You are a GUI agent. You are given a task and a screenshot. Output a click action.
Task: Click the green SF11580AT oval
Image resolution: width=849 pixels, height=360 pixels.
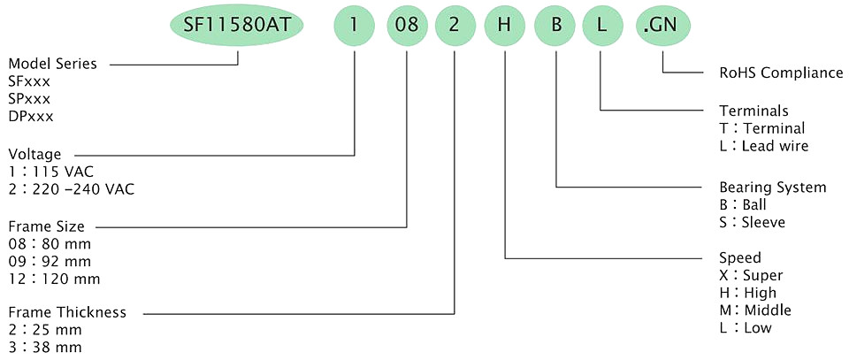(237, 26)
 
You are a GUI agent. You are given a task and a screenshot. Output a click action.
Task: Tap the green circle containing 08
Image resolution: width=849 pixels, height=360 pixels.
(407, 26)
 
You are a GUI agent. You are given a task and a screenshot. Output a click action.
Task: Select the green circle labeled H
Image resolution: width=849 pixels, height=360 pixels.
(505, 26)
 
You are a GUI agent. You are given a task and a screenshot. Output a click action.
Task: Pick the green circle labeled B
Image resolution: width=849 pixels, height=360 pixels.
(555, 26)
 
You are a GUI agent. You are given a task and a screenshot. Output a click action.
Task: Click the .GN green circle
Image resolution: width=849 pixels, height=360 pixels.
(663, 26)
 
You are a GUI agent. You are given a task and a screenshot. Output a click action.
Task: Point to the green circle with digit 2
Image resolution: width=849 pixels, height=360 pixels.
(455, 26)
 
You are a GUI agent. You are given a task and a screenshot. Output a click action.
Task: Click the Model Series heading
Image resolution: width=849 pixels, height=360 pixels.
(52, 64)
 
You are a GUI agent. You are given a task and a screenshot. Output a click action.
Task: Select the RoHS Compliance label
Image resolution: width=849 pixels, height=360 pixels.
(781, 73)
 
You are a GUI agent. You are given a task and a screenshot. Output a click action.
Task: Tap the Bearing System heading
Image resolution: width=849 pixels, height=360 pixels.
(773, 188)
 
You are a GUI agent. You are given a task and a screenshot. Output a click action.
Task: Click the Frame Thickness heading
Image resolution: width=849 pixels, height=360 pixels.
(67, 312)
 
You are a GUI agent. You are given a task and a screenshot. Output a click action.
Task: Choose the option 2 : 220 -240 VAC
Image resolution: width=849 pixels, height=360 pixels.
(72, 189)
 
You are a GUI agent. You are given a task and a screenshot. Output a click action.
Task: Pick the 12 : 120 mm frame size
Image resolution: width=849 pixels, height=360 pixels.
(54, 279)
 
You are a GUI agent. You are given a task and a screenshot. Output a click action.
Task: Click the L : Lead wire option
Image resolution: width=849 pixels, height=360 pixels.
(764, 146)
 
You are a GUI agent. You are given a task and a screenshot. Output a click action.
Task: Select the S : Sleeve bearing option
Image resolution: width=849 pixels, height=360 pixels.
(752, 222)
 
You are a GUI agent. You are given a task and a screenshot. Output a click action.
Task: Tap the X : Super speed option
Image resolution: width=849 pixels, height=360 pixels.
(751, 275)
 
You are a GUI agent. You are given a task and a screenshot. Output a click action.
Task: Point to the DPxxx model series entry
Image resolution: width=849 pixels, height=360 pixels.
(31, 117)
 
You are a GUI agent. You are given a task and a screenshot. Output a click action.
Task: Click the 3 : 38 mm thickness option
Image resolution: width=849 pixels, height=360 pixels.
(45, 347)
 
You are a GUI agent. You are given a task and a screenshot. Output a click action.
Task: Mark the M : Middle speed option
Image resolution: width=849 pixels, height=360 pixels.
(754, 310)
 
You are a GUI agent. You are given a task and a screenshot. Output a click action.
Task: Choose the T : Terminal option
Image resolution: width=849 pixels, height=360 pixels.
(761, 128)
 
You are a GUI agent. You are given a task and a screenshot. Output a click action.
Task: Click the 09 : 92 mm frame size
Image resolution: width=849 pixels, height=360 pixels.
(50, 262)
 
